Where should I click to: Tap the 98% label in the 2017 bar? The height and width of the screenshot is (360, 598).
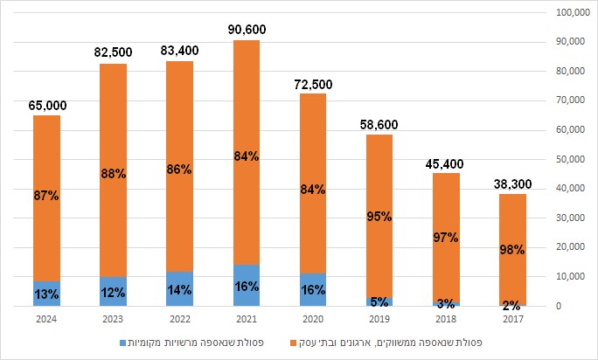click(x=511, y=250)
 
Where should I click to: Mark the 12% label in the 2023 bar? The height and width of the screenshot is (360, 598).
click(x=113, y=291)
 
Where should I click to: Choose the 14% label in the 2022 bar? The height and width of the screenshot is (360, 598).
click(x=179, y=289)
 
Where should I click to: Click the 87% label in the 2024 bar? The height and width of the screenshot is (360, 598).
click(x=47, y=196)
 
